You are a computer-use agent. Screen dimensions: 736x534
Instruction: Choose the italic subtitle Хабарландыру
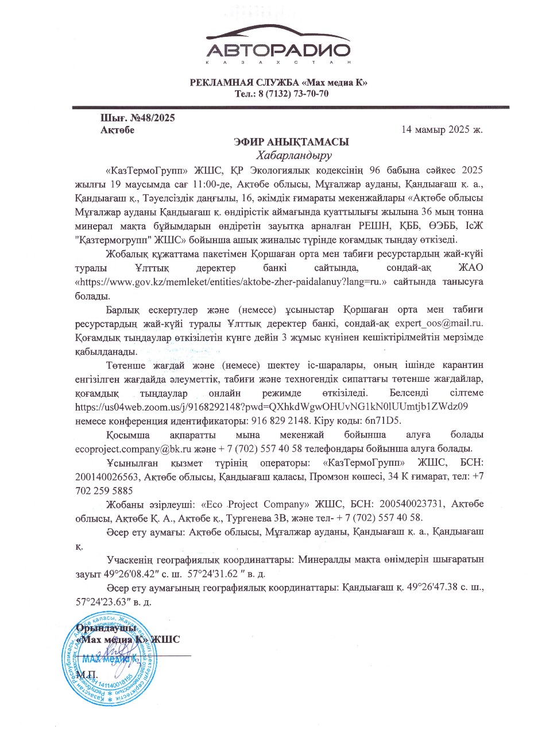(x=295, y=155)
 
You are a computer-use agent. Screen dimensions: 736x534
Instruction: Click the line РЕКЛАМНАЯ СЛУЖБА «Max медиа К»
(x=278, y=82)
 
